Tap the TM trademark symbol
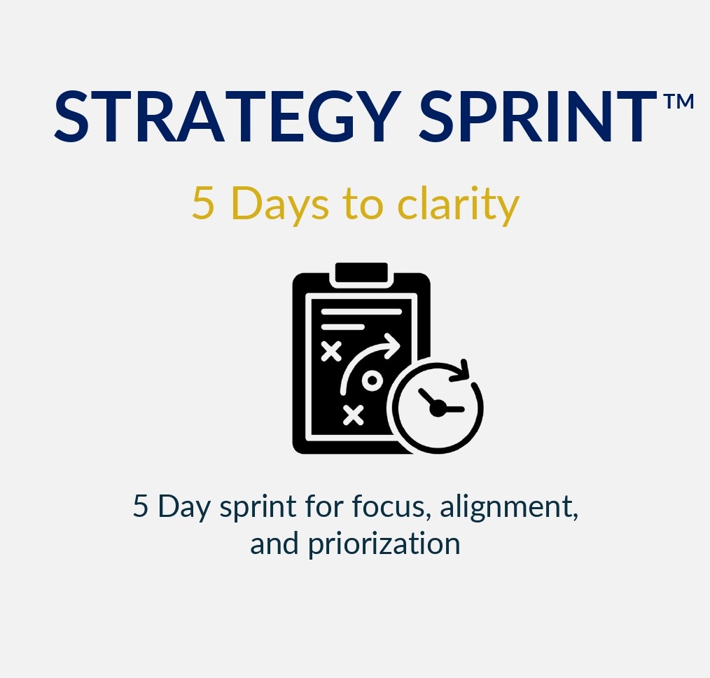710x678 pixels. click(x=678, y=102)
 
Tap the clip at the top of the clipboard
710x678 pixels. click(x=361, y=274)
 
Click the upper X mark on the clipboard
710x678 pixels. click(x=330, y=350)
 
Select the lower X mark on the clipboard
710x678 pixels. click(x=354, y=415)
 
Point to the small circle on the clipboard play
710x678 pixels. click(x=372, y=381)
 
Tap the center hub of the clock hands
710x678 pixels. click(x=438, y=408)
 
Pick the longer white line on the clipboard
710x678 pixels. click(x=361, y=311)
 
